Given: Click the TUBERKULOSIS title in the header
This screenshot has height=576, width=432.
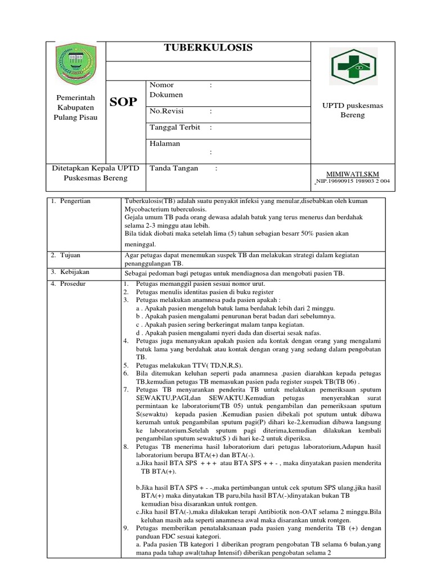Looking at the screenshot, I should [x=208, y=48].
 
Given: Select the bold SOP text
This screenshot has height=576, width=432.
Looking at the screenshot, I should [x=123, y=102].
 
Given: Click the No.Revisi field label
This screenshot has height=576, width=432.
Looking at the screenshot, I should [x=167, y=111].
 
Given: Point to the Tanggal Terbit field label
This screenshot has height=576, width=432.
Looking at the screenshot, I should [x=175, y=127].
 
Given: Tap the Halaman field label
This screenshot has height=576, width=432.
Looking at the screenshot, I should [x=165, y=143].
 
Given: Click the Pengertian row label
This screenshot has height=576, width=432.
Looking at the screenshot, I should [x=76, y=200].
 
